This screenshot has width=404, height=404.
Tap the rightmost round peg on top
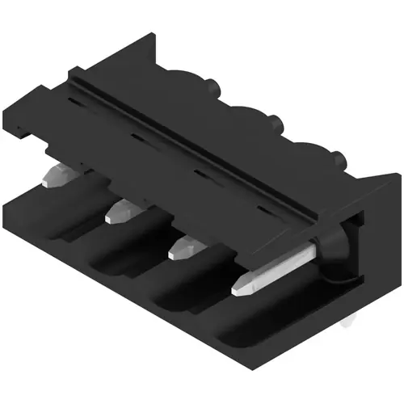pos(338,158)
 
